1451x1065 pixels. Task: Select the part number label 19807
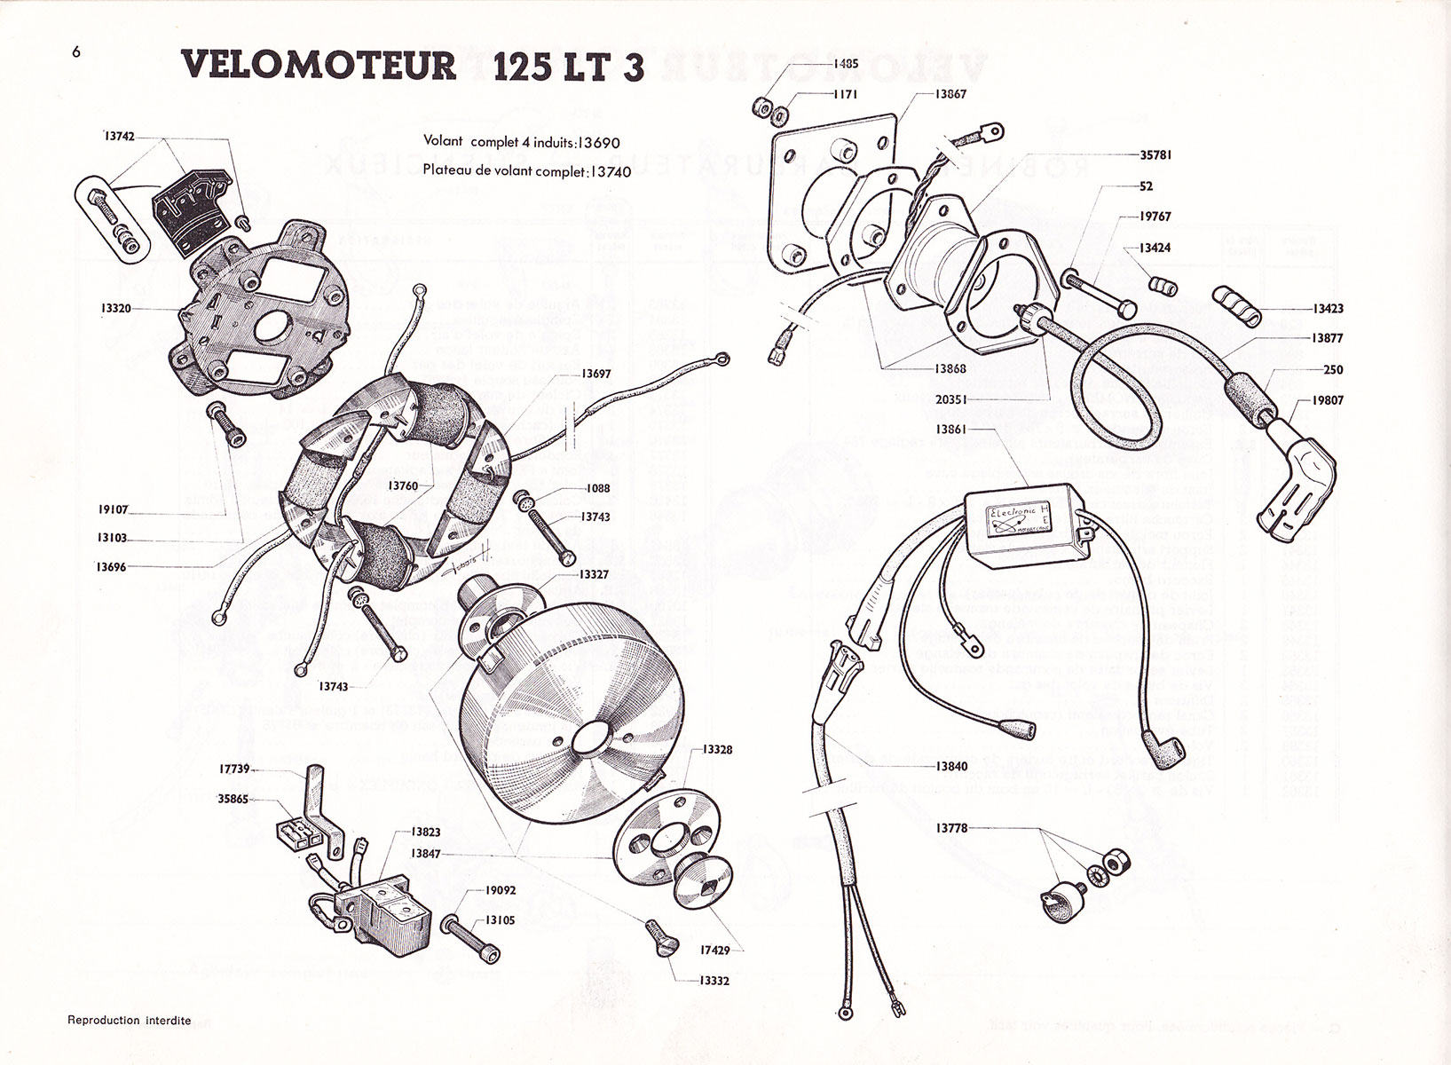(x=1327, y=400)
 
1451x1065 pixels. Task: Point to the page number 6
(x=76, y=51)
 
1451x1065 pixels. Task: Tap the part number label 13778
(x=952, y=828)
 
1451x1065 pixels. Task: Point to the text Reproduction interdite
(x=130, y=1021)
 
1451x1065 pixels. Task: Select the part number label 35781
(x=1155, y=154)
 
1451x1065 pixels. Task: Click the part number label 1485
(x=846, y=64)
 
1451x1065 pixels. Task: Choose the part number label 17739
(x=234, y=771)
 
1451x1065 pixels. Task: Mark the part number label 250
(x=1332, y=369)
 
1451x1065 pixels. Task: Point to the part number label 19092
(x=501, y=890)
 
